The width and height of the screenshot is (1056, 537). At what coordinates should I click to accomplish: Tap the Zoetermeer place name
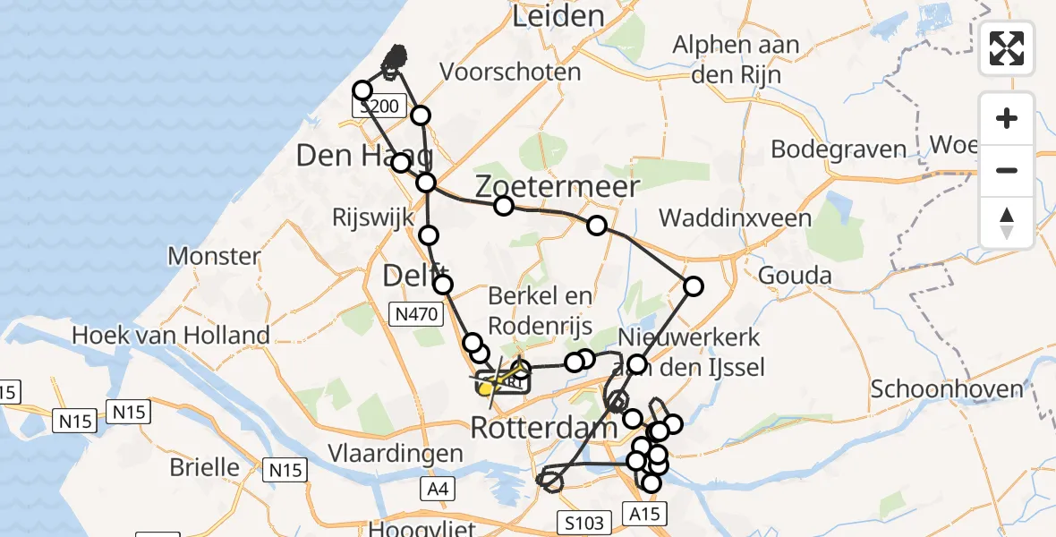pos(557,187)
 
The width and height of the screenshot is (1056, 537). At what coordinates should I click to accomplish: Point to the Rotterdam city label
pos(543,427)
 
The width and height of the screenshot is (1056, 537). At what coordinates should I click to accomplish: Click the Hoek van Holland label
pos(170,336)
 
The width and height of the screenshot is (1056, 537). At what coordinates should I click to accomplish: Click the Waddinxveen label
pos(735,217)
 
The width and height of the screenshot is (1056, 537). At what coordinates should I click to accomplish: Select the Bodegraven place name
pos(839,149)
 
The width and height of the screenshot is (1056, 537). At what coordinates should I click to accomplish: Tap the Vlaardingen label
pos(395,453)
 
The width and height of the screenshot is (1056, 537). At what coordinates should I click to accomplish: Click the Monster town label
pos(214,256)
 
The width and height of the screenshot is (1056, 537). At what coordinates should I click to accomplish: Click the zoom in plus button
pos(1007,118)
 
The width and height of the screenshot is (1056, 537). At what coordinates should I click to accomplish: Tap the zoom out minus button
pos(1007,170)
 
